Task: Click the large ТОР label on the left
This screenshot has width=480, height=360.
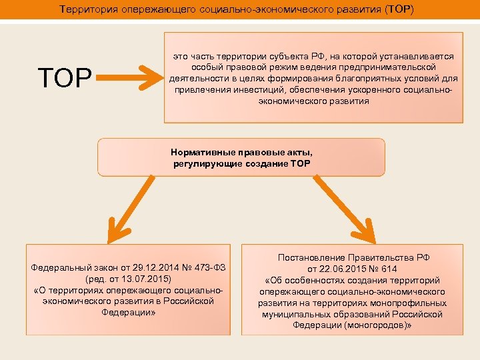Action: coord(65,78)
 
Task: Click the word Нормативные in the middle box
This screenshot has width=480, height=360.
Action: coord(200,152)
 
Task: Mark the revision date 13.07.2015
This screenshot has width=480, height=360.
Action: coord(145,279)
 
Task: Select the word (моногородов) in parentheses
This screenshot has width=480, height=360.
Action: coord(375,325)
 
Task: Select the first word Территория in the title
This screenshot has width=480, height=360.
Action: coord(87,10)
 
